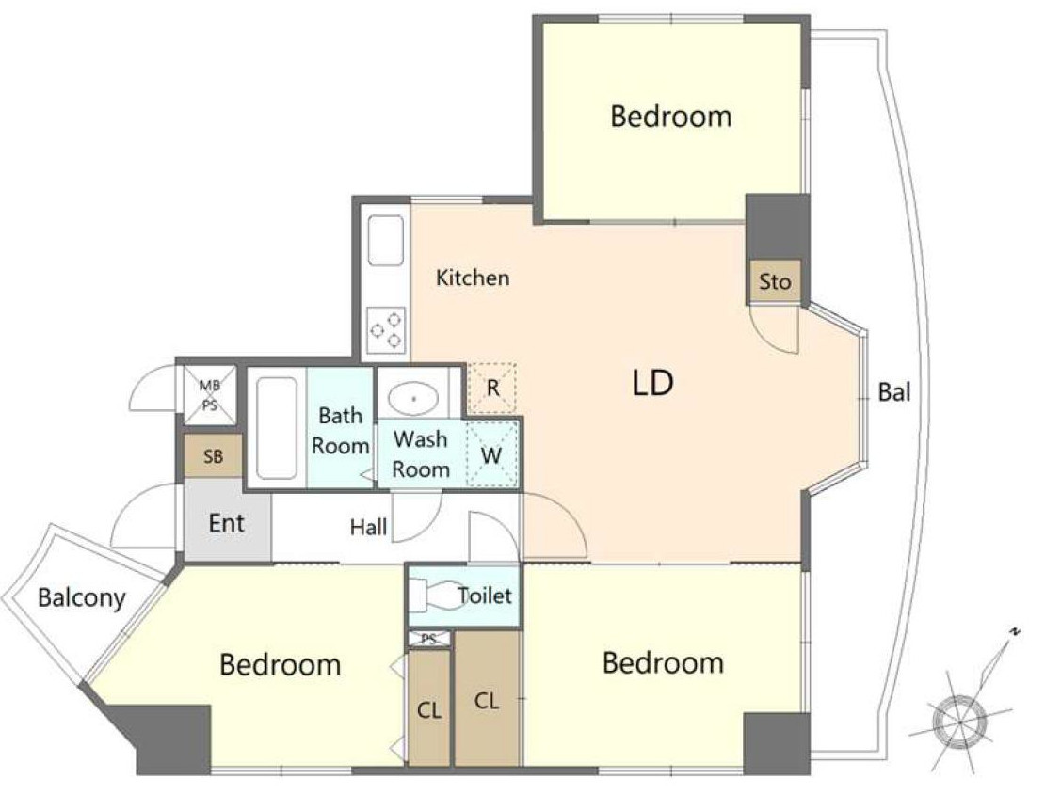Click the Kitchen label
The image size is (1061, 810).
(x=473, y=278)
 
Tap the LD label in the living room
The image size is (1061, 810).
(x=653, y=383)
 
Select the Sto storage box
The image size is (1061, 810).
(x=774, y=281)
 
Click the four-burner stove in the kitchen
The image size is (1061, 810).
(x=386, y=330)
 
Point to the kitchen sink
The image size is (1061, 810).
(x=386, y=240)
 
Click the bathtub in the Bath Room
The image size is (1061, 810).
(x=277, y=428)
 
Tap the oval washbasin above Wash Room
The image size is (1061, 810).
(x=413, y=398)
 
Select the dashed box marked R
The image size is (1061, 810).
(x=492, y=389)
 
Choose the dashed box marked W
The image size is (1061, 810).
(x=492, y=453)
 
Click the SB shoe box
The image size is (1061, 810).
(x=213, y=456)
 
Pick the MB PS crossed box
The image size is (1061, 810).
(x=210, y=395)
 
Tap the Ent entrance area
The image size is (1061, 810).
(x=228, y=519)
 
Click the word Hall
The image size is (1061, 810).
(x=368, y=527)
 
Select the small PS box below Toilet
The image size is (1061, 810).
(x=429, y=638)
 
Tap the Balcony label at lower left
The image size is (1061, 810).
(x=81, y=598)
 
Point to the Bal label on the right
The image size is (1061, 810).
(x=893, y=391)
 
